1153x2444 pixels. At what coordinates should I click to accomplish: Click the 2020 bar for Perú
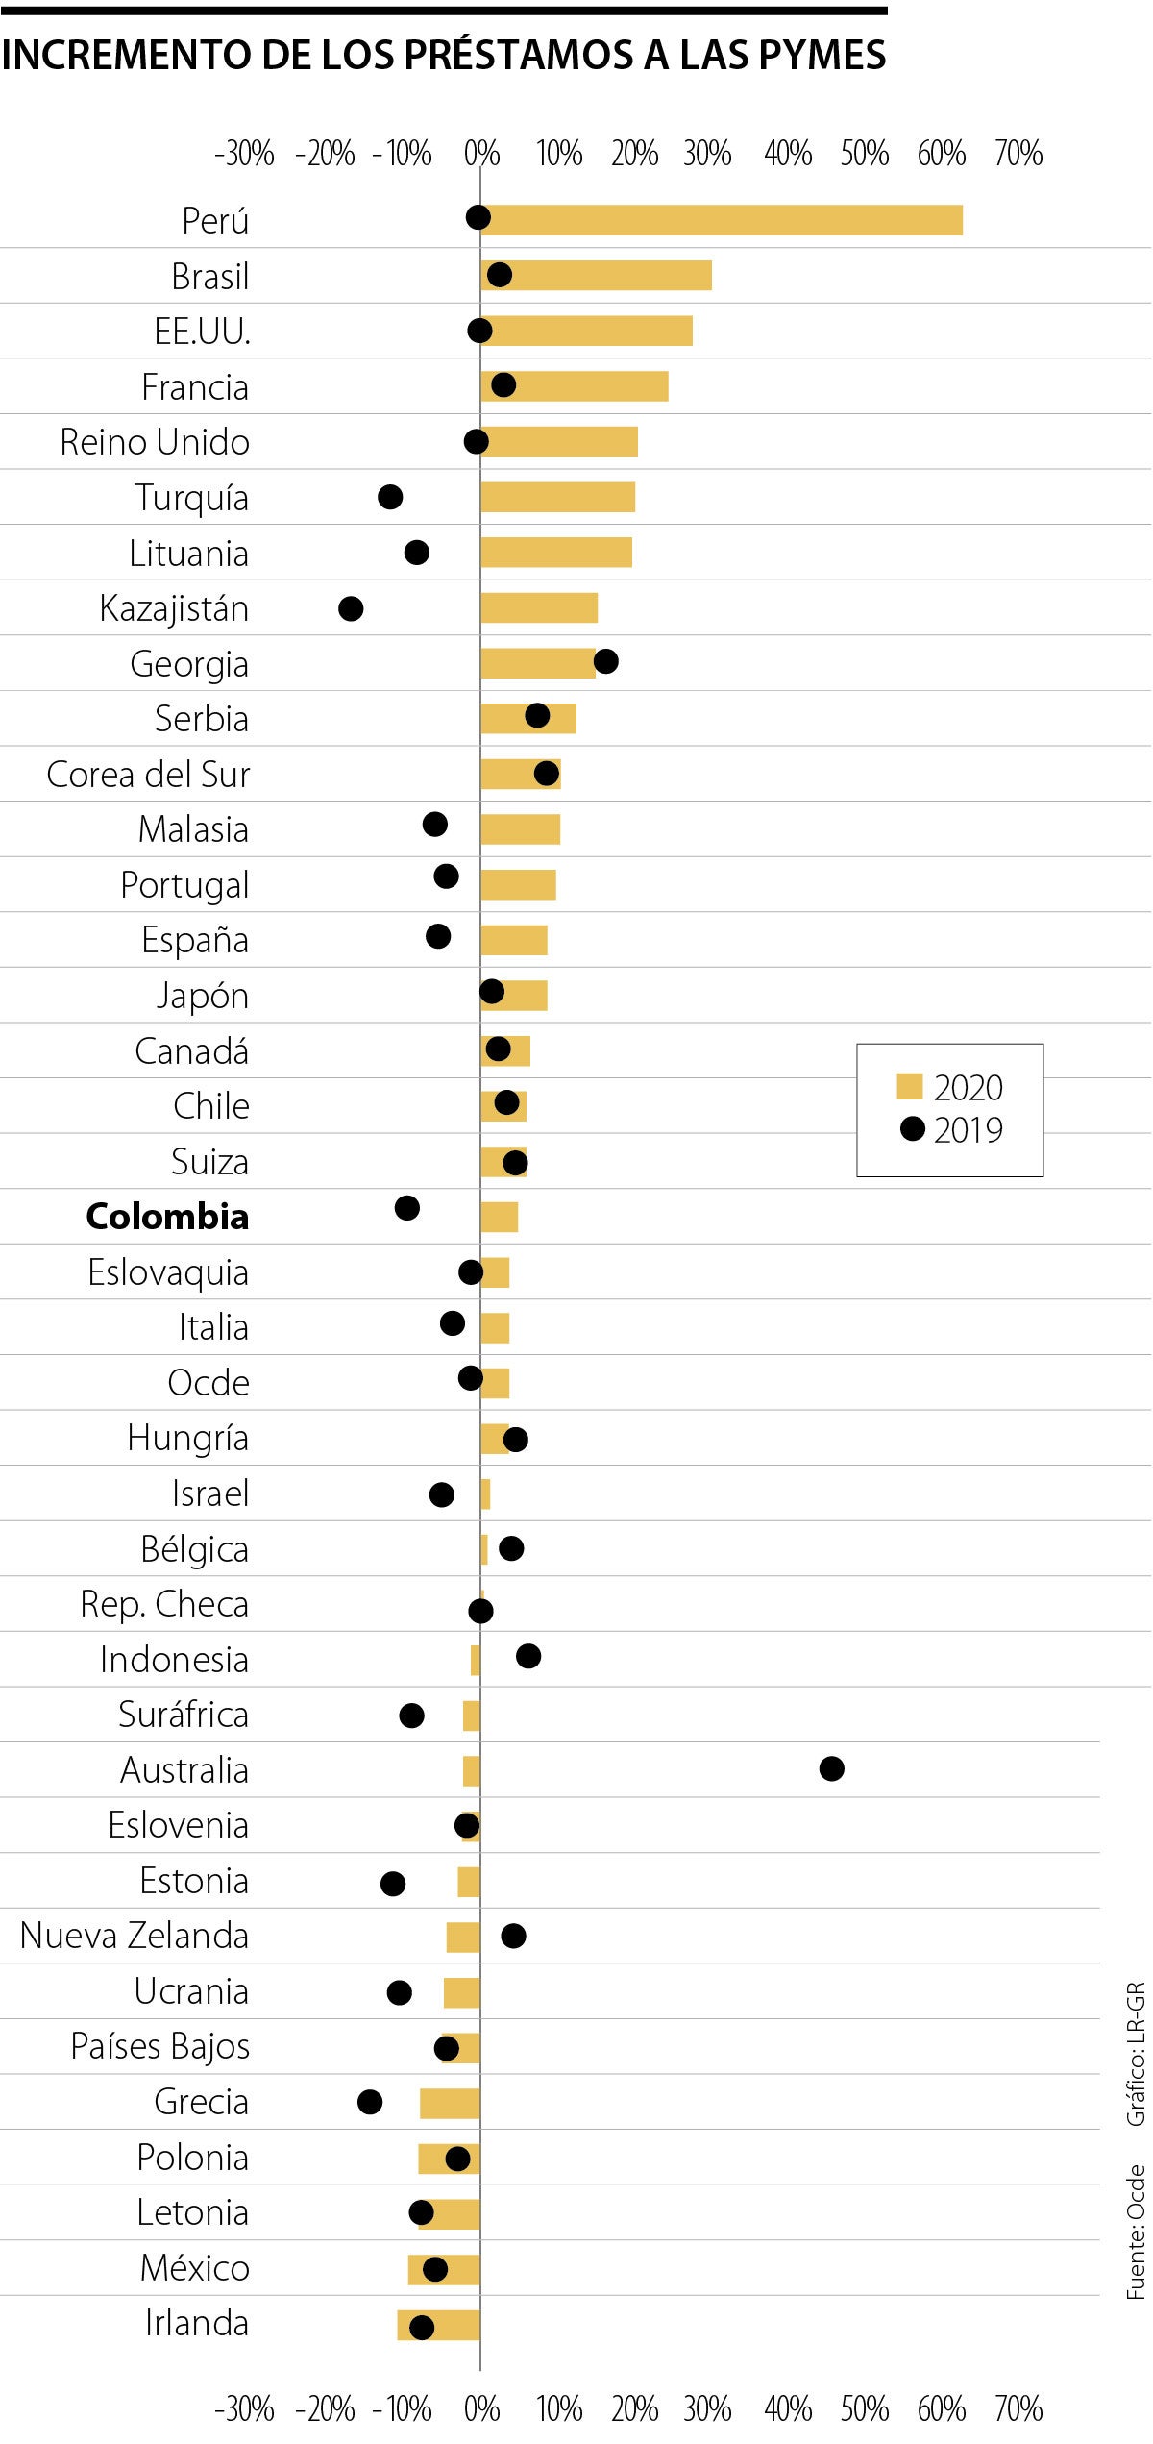[721, 220]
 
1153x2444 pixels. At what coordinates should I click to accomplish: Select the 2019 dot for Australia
[831, 1768]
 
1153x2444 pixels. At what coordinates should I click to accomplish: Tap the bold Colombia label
[167, 1217]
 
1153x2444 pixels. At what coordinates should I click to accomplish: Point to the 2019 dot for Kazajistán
[351, 608]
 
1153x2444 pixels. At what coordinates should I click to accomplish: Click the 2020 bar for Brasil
[596, 275]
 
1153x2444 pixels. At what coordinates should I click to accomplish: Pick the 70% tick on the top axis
[1018, 154]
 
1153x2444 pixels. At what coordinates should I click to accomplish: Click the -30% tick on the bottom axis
[244, 2408]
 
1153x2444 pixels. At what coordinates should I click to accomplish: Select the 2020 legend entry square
[909, 1086]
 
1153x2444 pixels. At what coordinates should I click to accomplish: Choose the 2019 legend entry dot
[912, 1128]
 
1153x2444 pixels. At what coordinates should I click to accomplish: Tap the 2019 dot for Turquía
[390, 497]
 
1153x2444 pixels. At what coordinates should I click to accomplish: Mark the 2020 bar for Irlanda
[438, 2325]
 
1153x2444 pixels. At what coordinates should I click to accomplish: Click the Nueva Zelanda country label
[135, 1936]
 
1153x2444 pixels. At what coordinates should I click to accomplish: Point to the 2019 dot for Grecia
[370, 2102]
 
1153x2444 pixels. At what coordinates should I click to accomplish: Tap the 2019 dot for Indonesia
[528, 1656]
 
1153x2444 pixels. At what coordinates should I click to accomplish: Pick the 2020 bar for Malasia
[520, 829]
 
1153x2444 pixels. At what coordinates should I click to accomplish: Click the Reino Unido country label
[155, 442]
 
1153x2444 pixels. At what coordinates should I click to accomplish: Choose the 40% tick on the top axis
[788, 154]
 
